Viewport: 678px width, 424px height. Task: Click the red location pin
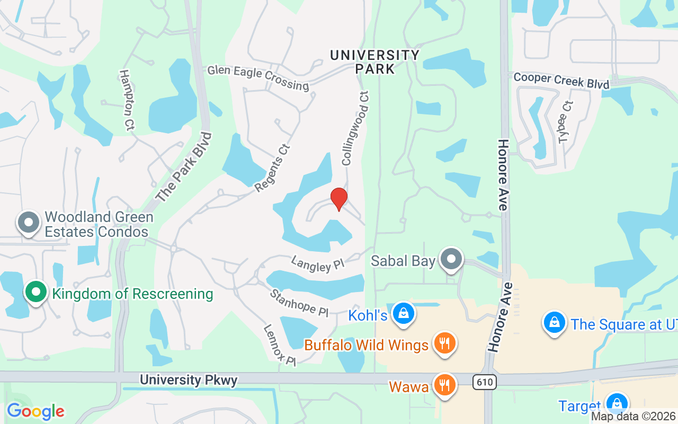coord(338,199)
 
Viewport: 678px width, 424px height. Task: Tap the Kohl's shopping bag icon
coord(404,313)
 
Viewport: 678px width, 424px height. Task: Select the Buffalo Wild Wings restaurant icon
coord(445,343)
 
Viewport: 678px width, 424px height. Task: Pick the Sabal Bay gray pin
coord(452,259)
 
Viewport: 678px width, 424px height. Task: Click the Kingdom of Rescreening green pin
coord(36,292)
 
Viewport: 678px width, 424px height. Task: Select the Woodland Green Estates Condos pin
coord(29,222)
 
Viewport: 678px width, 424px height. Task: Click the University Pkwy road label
coord(189,380)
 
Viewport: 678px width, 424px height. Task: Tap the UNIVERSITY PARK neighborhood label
coord(374,61)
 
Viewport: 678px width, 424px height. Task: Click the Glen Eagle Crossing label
coord(258,77)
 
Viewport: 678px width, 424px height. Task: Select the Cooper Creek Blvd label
coord(561,81)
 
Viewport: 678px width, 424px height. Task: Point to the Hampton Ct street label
coord(127,100)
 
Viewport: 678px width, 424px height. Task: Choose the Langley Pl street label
coord(318,263)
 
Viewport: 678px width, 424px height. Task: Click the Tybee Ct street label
coord(565,122)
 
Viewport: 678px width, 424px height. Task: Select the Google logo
coord(35,411)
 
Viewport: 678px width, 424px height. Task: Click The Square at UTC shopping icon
coord(554,323)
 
